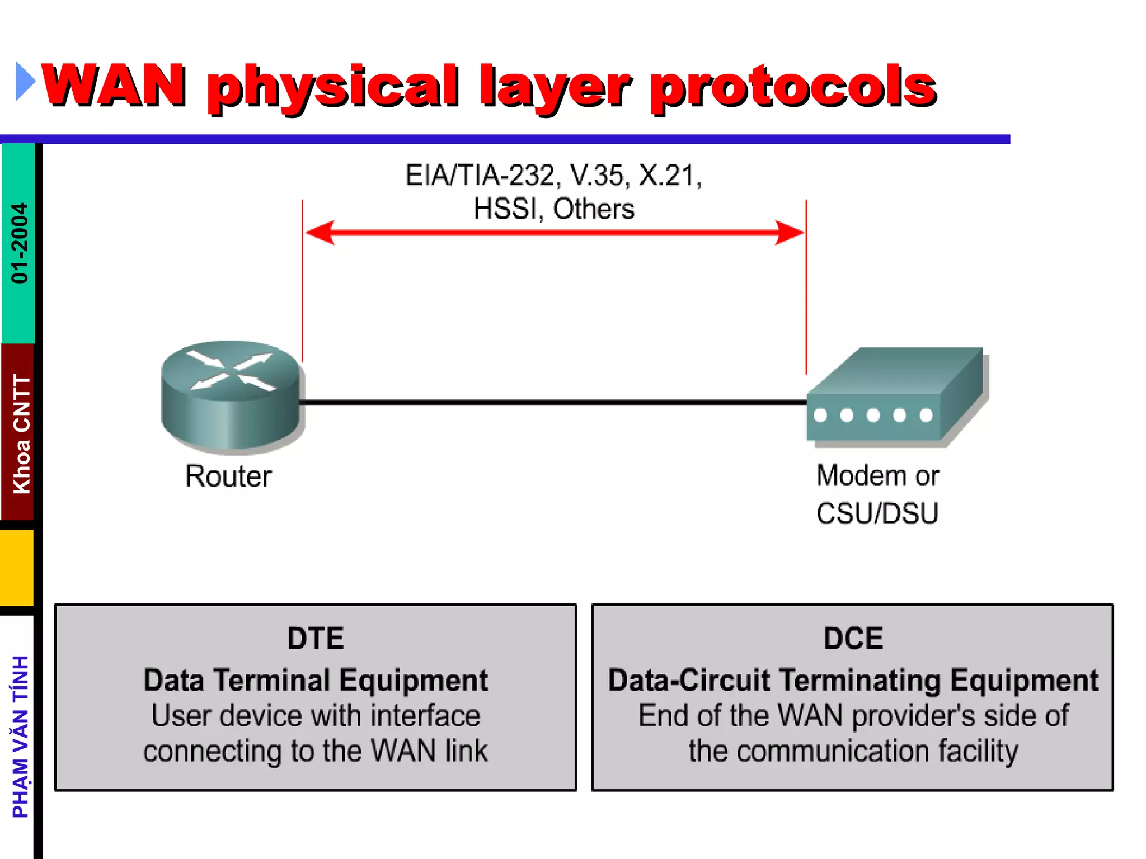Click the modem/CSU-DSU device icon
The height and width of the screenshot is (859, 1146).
(895, 397)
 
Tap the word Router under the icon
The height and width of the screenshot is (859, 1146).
(228, 476)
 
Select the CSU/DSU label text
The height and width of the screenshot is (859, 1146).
(877, 513)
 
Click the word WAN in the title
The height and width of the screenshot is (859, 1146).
(114, 86)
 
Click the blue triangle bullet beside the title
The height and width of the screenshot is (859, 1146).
(24, 82)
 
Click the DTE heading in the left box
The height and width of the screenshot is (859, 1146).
(316, 639)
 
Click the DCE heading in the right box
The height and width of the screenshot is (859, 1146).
(853, 639)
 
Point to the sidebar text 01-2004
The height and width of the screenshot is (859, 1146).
(20, 243)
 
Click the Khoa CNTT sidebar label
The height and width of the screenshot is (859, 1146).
(21, 434)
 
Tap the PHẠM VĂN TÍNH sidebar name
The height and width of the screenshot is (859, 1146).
(21, 737)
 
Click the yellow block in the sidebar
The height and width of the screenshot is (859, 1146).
(17, 568)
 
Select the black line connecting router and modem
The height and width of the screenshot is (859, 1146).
(554, 402)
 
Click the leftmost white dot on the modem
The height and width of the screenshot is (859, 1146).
(820, 416)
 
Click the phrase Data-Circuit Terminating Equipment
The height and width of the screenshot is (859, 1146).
(853, 681)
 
